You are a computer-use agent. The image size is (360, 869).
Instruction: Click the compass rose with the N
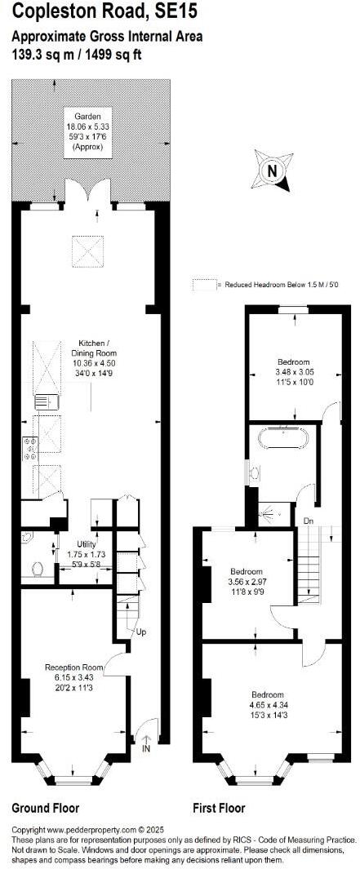(x=273, y=171)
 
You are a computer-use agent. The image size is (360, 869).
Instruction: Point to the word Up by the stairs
(x=141, y=632)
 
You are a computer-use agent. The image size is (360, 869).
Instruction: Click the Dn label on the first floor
(x=309, y=520)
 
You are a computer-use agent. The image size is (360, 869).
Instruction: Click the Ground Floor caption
(x=45, y=808)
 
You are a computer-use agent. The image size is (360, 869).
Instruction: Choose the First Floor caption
(x=219, y=808)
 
